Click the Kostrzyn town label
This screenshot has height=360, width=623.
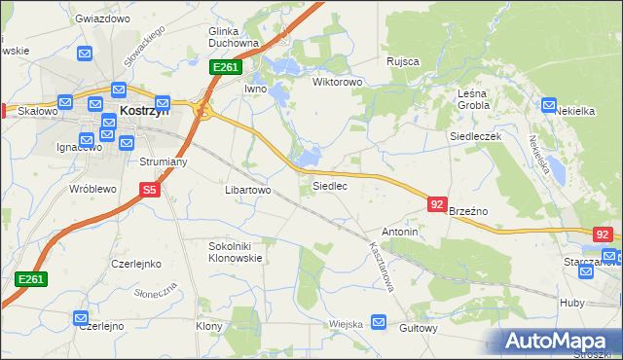click(x=144, y=112)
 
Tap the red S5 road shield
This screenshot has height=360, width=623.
click(x=149, y=191)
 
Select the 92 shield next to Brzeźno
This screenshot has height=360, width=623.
click(x=437, y=204)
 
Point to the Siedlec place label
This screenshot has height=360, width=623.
click(x=329, y=185)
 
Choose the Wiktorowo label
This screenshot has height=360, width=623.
click(x=337, y=82)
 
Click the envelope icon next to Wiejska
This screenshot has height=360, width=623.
click(x=379, y=322)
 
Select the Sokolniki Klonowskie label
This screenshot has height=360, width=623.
click(x=235, y=253)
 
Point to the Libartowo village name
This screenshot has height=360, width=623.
click(x=247, y=190)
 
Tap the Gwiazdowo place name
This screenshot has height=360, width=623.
click(x=102, y=18)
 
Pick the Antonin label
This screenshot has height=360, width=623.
click(x=399, y=232)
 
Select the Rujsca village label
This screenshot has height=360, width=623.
click(x=402, y=61)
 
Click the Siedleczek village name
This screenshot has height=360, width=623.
click(x=474, y=137)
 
